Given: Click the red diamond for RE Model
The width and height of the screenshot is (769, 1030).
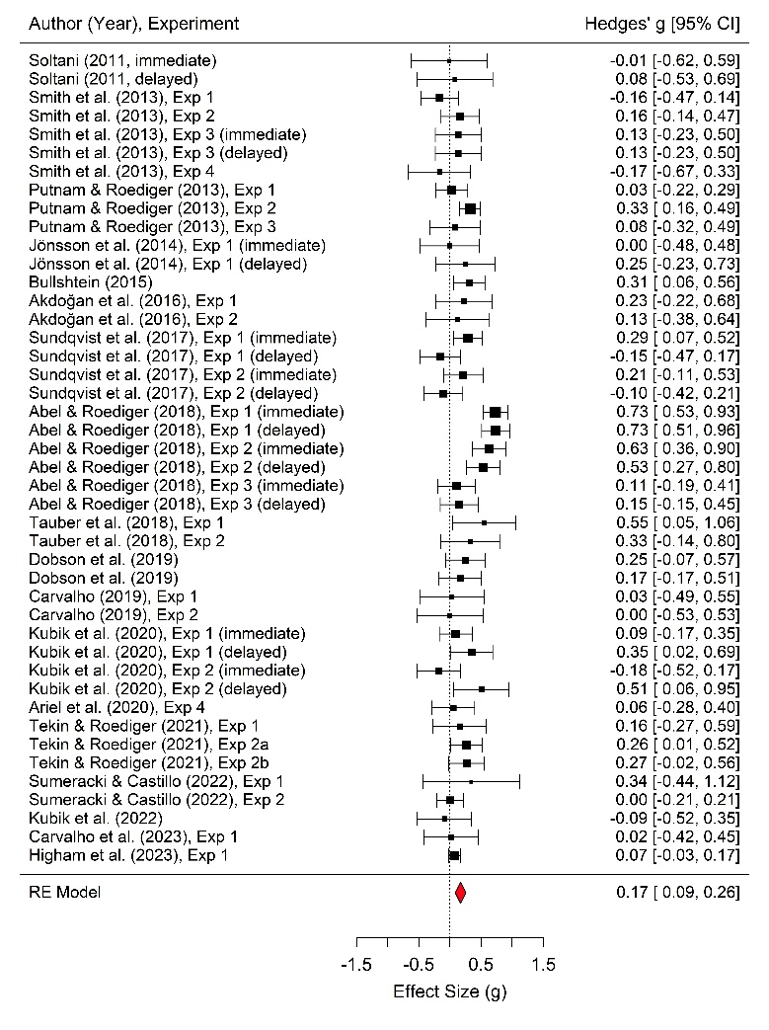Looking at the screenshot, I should coord(460,893).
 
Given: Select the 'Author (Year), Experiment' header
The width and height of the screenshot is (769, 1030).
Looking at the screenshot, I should coord(133,22).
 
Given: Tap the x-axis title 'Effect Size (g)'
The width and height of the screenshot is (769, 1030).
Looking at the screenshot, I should coord(449,990).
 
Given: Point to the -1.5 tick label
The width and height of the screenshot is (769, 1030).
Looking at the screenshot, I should coord(355,964).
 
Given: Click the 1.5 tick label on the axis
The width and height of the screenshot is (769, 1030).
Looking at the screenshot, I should coord(543,964).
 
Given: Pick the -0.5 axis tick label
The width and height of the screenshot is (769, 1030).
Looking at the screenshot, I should coord(418,964).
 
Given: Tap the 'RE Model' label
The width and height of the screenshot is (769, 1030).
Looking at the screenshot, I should coord(65,893).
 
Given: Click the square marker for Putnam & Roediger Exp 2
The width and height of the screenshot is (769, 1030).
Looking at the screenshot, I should coord(471,208).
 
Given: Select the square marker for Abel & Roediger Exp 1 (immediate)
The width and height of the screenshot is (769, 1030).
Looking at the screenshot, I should coord(496,412).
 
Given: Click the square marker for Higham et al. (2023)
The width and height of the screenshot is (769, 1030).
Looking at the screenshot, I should coord(454,855).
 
